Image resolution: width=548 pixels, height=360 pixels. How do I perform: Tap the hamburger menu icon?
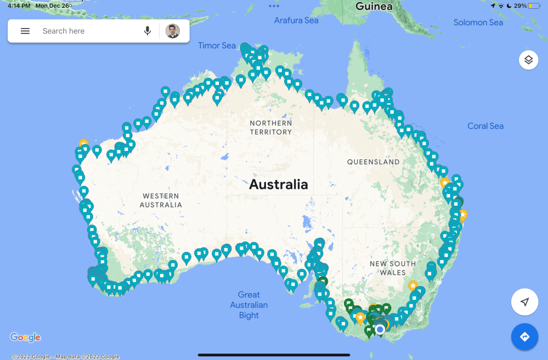[x=25, y=31]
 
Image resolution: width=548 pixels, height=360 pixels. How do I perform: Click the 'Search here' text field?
[x=82, y=31]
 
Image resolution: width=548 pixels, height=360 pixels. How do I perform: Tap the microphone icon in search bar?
[x=148, y=31]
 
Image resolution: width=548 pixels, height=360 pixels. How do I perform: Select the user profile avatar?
[x=173, y=31]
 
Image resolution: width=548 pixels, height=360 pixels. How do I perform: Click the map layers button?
[x=528, y=60]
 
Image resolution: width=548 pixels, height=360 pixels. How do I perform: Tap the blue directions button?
[x=524, y=336]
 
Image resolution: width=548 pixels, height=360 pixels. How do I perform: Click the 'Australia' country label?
[x=279, y=184]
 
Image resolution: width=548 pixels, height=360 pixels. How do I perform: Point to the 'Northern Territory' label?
[x=270, y=127]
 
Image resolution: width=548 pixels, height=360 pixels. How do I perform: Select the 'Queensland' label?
[x=373, y=162]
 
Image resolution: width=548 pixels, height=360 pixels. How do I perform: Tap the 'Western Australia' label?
[x=161, y=200]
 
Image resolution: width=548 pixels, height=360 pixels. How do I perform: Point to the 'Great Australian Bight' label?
[x=249, y=305]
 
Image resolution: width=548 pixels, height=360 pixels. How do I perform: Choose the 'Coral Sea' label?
[x=485, y=126]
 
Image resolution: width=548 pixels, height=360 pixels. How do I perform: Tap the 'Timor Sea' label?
[x=217, y=46]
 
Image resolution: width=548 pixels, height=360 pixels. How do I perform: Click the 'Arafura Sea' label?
[x=296, y=20]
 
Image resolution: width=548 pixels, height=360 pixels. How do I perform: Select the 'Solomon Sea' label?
[x=478, y=22]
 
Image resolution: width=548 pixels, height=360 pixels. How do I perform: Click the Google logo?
[x=25, y=337]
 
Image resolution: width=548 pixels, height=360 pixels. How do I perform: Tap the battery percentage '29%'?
[x=520, y=5]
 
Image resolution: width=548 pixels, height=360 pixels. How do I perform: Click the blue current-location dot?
[x=380, y=329]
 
